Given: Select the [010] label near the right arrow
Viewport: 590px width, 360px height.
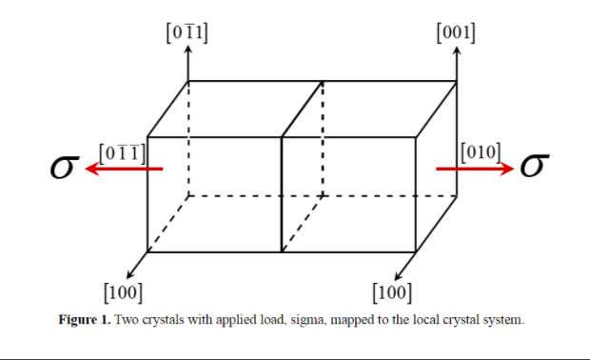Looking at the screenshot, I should point(481,150).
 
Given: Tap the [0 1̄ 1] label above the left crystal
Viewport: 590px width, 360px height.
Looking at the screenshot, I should point(187,31).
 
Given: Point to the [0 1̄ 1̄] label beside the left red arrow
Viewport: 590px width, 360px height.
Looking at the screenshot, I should point(122,151).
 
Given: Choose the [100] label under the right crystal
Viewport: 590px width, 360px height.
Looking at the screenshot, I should point(392,290).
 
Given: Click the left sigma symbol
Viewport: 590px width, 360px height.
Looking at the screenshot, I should point(64,169).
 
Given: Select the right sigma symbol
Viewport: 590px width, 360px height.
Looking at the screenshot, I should point(533,168).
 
